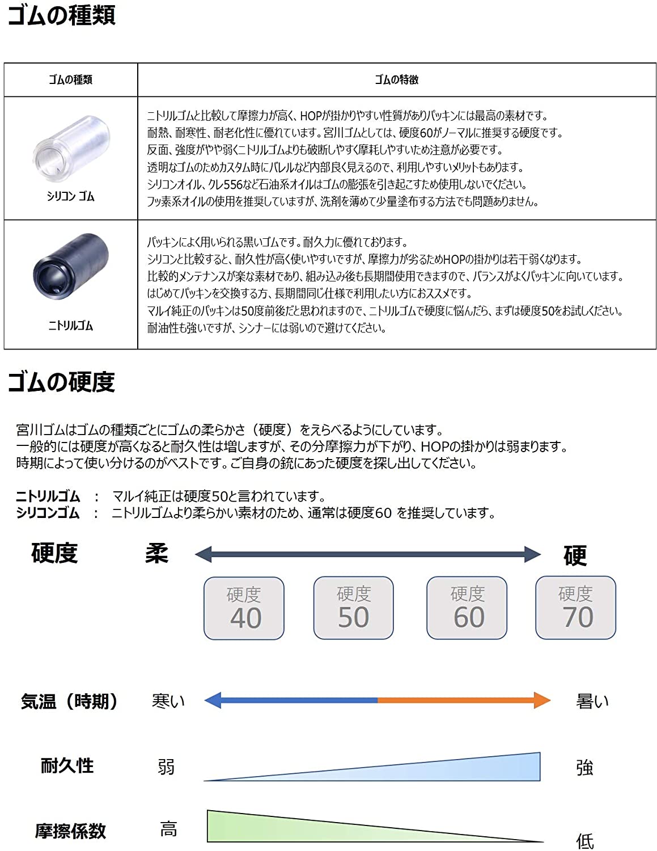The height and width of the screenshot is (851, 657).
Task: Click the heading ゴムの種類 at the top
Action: click(61, 15)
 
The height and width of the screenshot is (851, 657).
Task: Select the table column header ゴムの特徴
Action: click(396, 80)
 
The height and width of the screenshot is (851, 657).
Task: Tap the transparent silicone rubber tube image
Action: click(71, 147)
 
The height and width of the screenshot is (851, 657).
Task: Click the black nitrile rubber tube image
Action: click(71, 266)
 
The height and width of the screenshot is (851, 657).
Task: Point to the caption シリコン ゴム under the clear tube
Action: click(70, 196)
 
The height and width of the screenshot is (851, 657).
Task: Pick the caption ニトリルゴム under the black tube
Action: click(70, 326)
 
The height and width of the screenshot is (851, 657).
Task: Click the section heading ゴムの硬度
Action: click(61, 382)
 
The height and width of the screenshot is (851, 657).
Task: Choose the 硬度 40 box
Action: click(244, 608)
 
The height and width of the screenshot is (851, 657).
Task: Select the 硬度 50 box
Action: click(353, 608)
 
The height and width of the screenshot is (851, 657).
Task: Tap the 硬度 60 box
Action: click(467, 608)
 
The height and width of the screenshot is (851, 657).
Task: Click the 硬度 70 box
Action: click(575, 608)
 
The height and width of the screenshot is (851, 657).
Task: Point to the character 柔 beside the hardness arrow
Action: click(157, 553)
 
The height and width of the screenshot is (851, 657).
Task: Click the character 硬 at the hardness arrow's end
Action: click(575, 555)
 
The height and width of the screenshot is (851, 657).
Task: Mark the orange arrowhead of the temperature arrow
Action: click(542, 701)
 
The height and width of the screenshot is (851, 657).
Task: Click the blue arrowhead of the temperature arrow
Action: click(213, 701)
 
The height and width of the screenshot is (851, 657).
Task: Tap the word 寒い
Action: click(168, 701)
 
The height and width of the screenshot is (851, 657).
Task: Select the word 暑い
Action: click(592, 701)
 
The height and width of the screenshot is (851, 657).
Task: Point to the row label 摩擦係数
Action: click(70, 831)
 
